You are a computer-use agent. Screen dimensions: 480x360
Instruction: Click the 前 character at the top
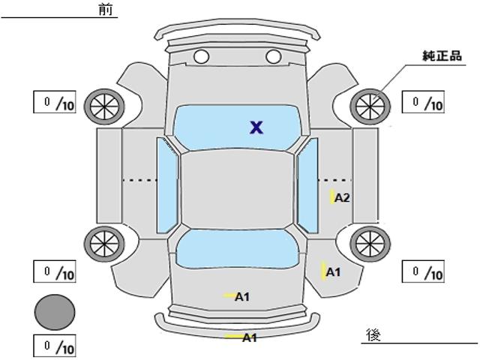tap(106, 10)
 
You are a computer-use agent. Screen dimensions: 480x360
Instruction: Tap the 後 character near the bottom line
tap(373, 334)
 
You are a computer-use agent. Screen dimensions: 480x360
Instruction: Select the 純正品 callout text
tap(442, 56)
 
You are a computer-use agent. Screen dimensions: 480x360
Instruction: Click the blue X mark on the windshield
tap(256, 127)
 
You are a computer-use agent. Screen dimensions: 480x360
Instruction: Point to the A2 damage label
tap(342, 198)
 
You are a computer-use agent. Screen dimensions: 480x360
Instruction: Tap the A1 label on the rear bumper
tap(250, 338)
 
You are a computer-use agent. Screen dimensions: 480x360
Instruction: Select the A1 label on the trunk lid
tap(242, 297)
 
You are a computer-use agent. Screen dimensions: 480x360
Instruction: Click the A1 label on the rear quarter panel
tap(333, 272)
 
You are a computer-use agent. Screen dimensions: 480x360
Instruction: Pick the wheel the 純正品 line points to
tap(370, 106)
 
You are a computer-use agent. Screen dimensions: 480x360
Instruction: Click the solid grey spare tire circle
tap(55, 312)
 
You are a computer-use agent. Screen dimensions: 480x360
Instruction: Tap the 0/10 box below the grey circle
tap(55, 346)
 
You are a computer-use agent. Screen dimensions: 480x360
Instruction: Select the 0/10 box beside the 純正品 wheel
tap(423, 102)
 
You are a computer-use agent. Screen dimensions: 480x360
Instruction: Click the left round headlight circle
tap(202, 57)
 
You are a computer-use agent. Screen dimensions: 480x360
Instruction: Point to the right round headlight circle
tap(273, 57)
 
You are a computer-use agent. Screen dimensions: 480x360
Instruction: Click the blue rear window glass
tap(237, 249)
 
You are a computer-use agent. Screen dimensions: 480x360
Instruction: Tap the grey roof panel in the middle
tap(238, 190)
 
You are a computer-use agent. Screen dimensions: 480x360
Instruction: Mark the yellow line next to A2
tap(331, 196)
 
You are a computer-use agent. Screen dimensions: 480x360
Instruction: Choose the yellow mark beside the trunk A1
tap(229, 295)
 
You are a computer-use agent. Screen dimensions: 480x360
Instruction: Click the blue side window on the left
tap(167, 185)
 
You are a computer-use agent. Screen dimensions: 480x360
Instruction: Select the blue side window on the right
tap(307, 185)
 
